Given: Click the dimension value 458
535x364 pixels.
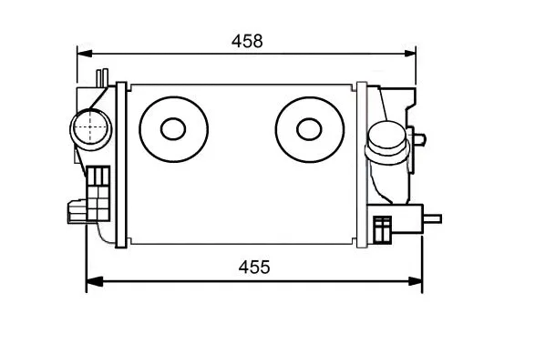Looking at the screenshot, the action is [247, 41].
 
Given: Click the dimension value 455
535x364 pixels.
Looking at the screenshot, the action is [254, 267].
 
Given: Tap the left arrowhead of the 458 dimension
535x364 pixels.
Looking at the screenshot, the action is [85, 54].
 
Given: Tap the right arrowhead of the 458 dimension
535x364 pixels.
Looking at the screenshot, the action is [409, 54].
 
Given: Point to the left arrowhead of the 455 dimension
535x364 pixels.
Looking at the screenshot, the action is [95, 281].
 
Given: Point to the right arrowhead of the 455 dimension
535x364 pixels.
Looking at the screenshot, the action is [415, 281].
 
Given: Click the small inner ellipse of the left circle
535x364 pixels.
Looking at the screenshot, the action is [173, 129].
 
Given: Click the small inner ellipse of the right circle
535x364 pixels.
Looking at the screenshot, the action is [309, 129].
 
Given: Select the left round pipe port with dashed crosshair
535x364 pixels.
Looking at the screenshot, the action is [90, 129].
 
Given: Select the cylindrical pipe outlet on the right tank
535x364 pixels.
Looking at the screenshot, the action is [387, 143].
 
